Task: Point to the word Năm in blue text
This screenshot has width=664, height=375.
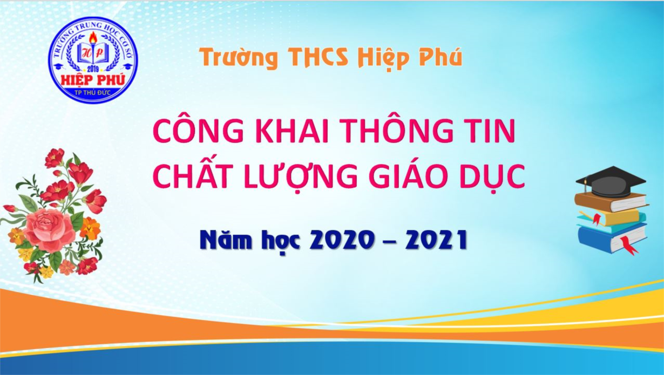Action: coord(226,241)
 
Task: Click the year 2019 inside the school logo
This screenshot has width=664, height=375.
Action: coord(93,69)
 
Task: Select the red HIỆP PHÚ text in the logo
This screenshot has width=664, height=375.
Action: coord(93,80)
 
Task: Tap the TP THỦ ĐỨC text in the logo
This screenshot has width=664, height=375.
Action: coord(93,93)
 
